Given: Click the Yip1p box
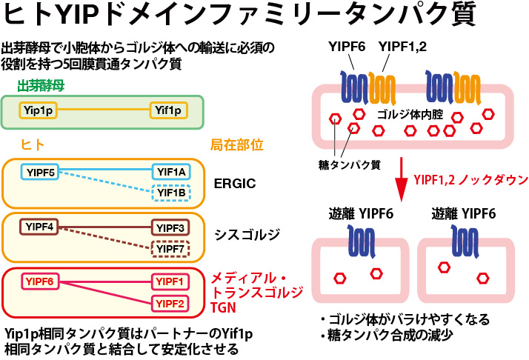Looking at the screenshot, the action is (38, 110).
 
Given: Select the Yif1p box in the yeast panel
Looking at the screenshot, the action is (168, 110).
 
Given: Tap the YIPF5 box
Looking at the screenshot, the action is (40, 172).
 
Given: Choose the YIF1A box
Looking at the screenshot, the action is (171, 172).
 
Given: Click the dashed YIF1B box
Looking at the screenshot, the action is (171, 193).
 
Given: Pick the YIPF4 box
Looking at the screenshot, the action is (39, 227).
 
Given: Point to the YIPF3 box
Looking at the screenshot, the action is (170, 227).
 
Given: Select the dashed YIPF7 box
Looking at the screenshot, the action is (170, 249).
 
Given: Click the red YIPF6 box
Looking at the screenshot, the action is (40, 281).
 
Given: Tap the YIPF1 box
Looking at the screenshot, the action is (170, 281).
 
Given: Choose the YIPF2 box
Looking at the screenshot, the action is (170, 304).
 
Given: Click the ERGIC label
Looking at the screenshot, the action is (235, 184).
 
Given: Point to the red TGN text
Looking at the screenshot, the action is (223, 307).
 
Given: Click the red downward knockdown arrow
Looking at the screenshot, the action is (401, 179).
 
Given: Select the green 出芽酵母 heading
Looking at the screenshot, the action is (41, 86).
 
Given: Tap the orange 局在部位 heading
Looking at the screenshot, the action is (237, 145).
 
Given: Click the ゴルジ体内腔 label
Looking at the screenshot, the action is (410, 115).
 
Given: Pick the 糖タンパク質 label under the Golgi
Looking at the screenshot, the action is (350, 165).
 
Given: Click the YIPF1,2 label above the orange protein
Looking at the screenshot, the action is (402, 47).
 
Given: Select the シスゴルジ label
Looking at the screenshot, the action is (247, 235).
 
